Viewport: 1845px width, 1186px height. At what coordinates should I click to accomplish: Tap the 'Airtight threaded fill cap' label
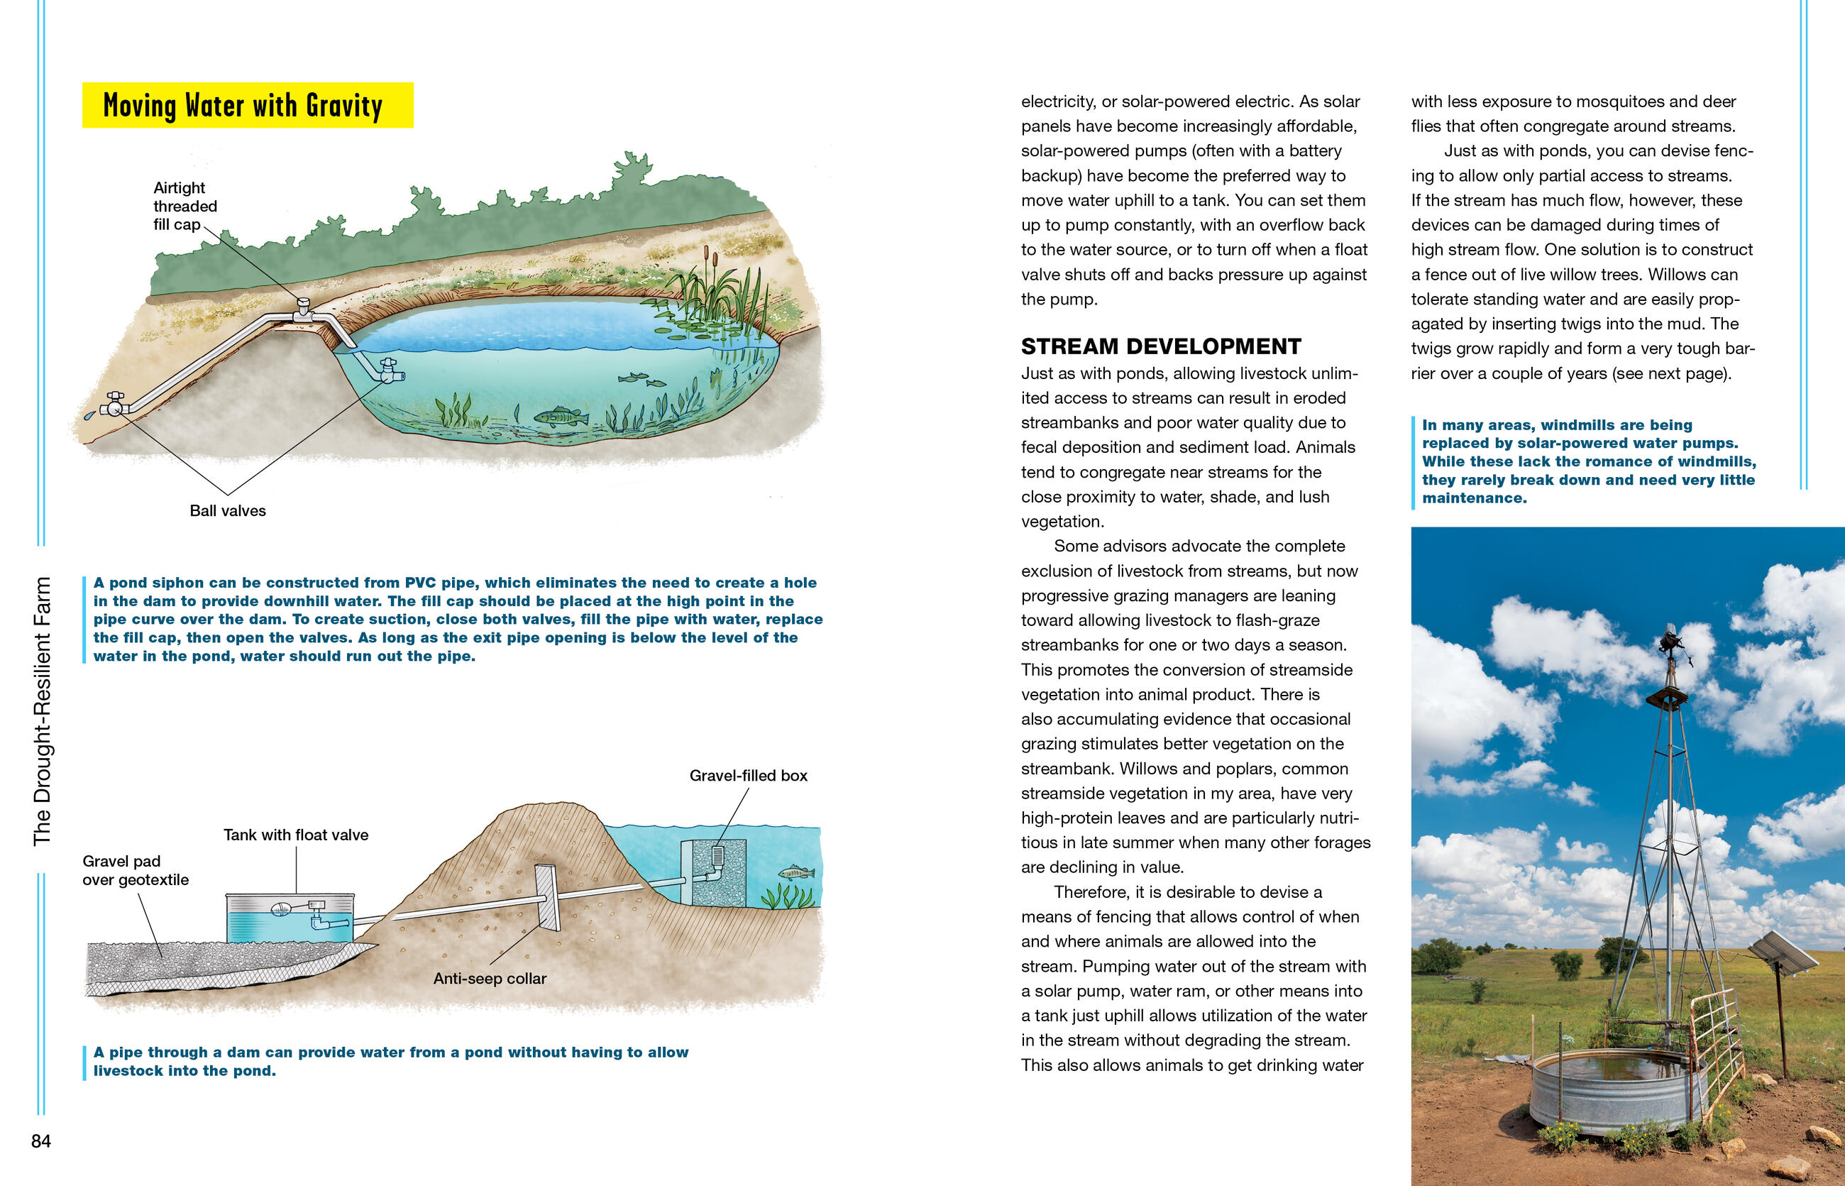pos(184,207)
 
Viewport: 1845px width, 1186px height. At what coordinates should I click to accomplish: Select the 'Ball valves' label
pos(227,510)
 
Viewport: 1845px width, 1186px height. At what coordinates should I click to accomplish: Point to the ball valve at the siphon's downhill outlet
pos(115,404)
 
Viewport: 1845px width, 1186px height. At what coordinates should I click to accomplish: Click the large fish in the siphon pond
pos(560,417)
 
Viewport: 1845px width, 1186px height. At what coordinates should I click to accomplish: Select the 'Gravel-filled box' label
pos(748,776)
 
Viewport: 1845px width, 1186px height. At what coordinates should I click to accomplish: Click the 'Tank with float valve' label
pos(296,835)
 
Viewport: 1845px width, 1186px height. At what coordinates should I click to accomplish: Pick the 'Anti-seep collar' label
pos(490,978)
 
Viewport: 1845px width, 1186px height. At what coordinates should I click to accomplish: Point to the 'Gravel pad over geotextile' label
pos(136,870)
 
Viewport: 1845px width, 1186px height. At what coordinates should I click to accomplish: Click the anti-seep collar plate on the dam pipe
pos(549,897)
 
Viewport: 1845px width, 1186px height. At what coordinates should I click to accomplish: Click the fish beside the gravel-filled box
pos(795,872)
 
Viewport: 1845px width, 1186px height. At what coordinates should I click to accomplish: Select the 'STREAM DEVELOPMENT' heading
pos(1160,346)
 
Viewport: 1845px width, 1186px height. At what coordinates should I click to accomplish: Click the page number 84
pos(41,1141)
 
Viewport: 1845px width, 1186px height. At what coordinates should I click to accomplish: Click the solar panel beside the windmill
pos(1782,952)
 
